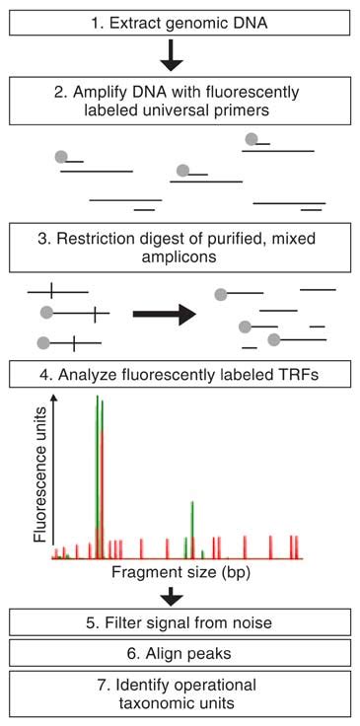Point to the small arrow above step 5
pos(172,595)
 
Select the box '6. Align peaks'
pos(180,653)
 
